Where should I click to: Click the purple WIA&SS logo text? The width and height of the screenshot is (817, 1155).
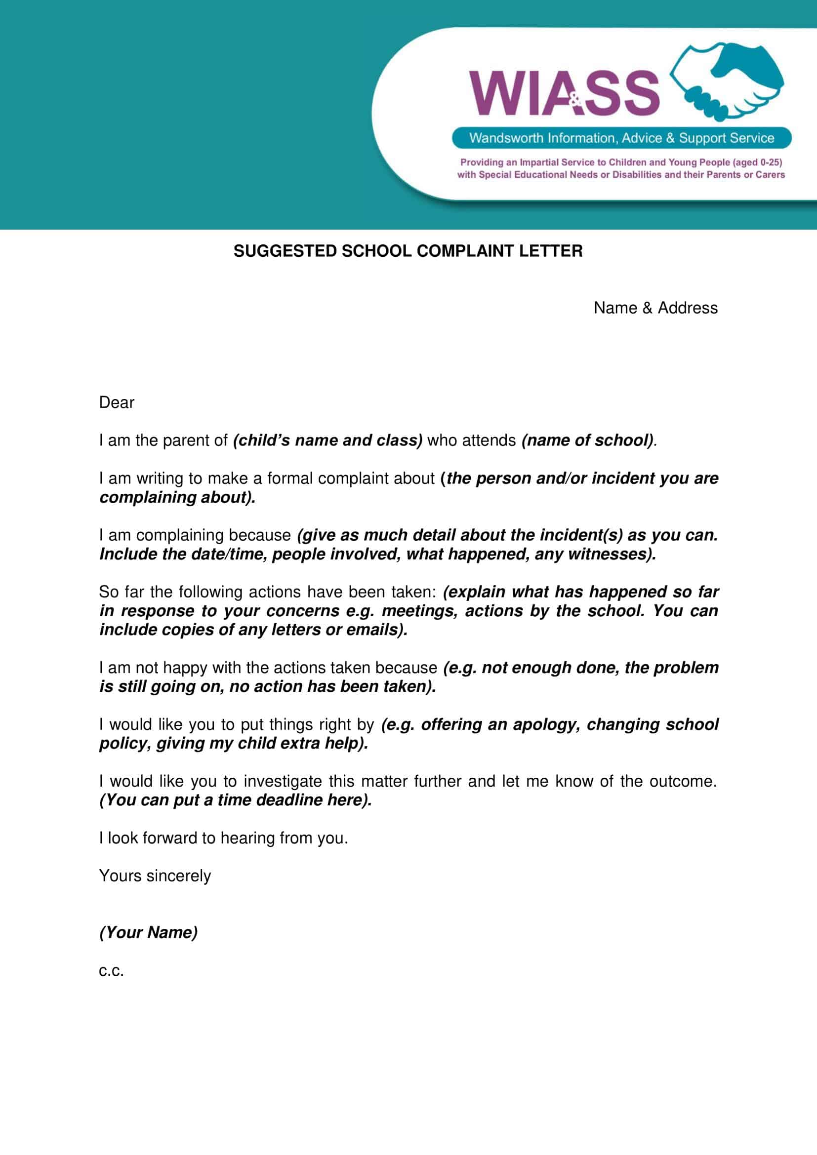pos(564,93)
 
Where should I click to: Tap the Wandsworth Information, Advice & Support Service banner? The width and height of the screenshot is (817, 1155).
pos(621,138)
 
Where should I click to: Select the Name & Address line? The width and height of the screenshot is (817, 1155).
pos(655,308)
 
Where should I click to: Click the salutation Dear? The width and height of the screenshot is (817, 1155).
pos(117,402)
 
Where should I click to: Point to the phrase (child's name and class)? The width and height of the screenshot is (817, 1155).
pos(327,440)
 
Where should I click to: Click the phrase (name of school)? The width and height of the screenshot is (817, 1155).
pos(588,440)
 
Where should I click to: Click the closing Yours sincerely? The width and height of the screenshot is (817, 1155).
pos(155,876)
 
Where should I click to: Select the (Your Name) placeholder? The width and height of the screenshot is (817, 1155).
pos(148,932)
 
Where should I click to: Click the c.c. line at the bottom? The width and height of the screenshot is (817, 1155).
pos(111,970)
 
